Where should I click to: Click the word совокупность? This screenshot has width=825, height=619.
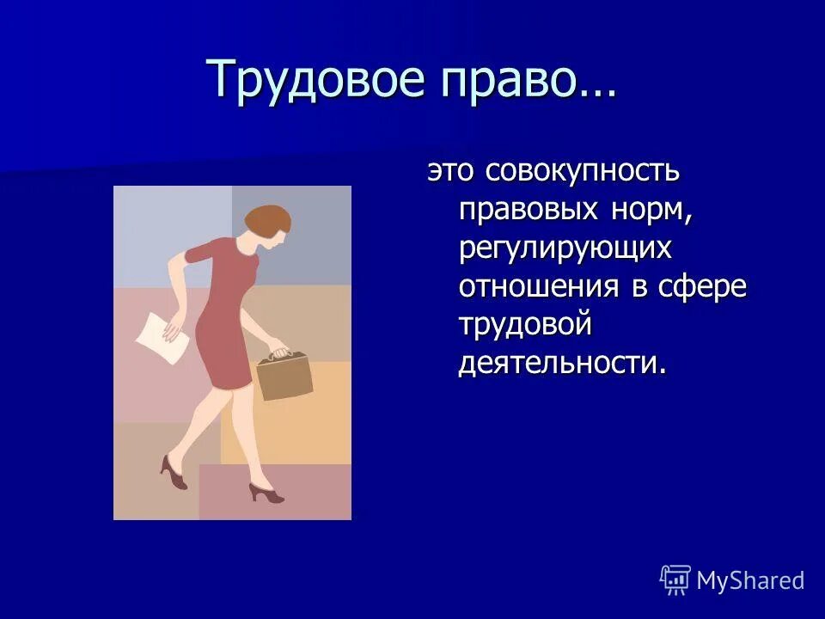(583, 170)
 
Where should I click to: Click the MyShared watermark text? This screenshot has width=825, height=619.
(750, 580)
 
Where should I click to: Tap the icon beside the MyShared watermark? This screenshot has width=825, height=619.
(675, 580)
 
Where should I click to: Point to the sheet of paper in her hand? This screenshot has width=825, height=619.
(162, 337)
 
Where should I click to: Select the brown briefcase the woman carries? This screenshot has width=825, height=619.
(284, 377)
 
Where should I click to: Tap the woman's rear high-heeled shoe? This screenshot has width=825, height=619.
(174, 472)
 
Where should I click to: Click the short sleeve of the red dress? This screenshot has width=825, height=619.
(199, 254)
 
